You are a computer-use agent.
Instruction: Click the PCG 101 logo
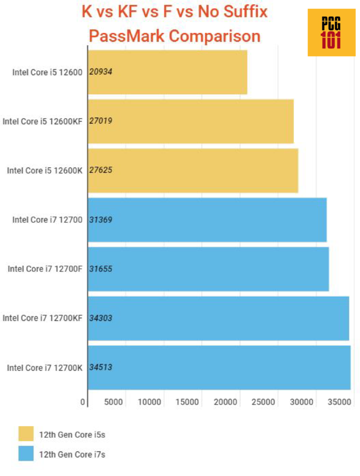(x=331, y=33)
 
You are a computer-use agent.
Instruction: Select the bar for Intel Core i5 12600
(x=167, y=72)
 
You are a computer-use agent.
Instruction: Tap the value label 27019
(x=100, y=121)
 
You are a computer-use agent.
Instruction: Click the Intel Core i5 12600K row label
(x=45, y=171)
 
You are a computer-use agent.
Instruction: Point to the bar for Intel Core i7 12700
(x=207, y=220)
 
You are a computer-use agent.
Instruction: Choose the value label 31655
(x=100, y=269)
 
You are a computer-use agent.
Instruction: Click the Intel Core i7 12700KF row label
(x=42, y=318)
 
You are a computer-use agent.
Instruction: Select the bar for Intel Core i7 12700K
(x=219, y=368)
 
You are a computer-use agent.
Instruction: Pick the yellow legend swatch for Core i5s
(x=26, y=433)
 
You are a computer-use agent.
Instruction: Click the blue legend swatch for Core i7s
(x=26, y=454)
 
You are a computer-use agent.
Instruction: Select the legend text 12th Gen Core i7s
(x=72, y=454)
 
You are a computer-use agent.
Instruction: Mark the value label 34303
(x=100, y=318)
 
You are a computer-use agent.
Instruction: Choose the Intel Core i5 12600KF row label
(x=42, y=121)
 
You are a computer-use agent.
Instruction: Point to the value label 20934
(x=100, y=72)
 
